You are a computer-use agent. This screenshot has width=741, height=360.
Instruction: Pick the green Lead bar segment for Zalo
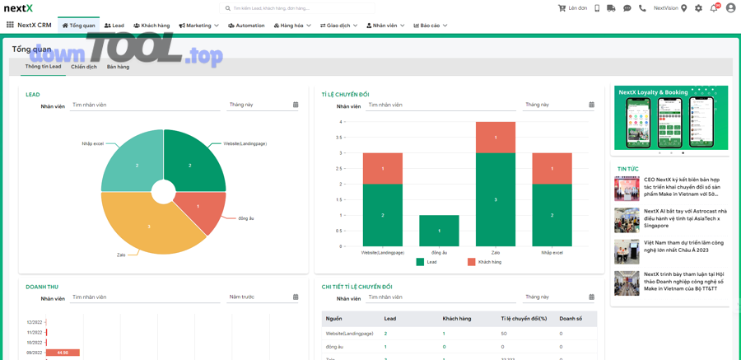point(496,199)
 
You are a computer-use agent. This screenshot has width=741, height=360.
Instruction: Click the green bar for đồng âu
point(439,231)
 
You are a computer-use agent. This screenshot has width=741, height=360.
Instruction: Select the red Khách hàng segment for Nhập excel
point(552,168)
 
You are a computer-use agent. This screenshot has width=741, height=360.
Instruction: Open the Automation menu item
point(246,26)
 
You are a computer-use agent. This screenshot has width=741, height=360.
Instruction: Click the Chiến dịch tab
point(84,67)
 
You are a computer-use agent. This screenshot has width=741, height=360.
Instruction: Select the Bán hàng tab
point(118,67)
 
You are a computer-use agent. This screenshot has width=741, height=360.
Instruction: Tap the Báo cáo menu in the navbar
point(430,26)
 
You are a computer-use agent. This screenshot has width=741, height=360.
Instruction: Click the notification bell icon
point(714,8)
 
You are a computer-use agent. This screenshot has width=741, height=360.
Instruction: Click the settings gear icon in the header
point(698,8)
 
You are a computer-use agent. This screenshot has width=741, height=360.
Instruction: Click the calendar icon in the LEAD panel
point(296,105)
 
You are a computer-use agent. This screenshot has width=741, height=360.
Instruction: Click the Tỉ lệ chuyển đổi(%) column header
point(524,319)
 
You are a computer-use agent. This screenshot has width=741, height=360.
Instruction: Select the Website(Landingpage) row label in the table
point(349,334)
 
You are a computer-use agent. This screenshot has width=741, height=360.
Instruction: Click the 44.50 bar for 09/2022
point(63,353)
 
